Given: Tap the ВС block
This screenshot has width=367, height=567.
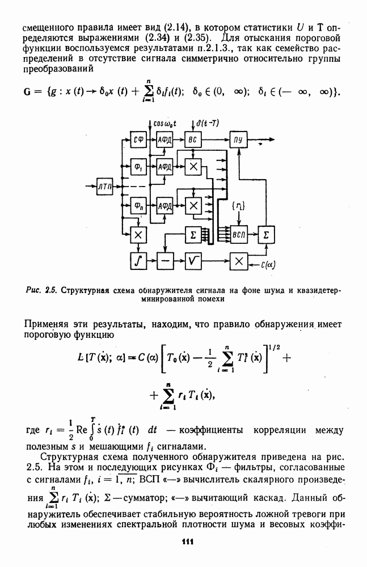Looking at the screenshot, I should [193, 140].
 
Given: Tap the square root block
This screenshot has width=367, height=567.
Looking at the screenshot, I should [193, 261].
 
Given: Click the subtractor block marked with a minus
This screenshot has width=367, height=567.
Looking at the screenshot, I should [165, 261].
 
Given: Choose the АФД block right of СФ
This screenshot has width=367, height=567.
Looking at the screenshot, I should [165, 140].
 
